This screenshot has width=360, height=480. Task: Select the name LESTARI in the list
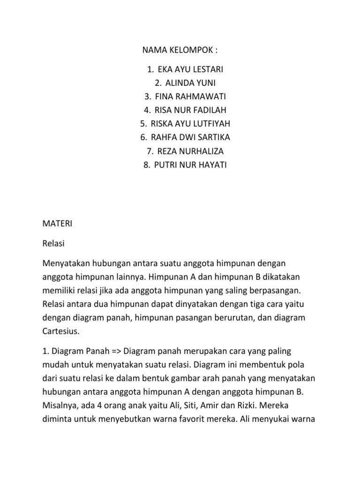pos(207,70)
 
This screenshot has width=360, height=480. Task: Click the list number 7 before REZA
pos(149,151)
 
